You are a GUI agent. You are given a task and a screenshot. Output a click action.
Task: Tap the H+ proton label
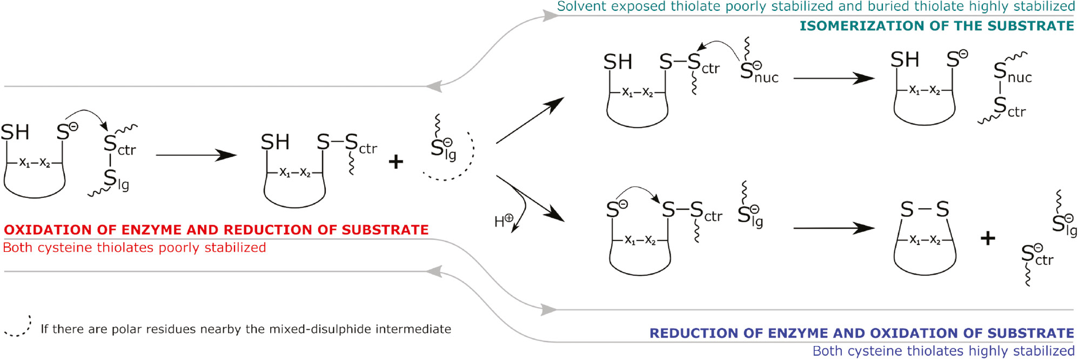point(503,221)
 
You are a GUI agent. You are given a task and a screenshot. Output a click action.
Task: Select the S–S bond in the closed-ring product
point(924,209)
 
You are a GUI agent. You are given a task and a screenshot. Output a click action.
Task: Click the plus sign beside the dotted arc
point(396,162)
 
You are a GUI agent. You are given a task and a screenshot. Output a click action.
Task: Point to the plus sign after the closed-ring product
point(988,238)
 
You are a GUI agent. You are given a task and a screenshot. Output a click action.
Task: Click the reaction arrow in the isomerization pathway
point(833,78)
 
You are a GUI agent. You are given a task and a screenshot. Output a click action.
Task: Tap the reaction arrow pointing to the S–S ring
point(833,228)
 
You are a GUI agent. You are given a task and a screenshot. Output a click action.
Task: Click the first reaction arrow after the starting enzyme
point(196,155)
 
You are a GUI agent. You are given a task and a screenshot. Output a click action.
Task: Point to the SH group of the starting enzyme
point(15,132)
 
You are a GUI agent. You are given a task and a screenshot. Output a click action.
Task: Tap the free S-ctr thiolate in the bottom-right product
point(1036,255)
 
